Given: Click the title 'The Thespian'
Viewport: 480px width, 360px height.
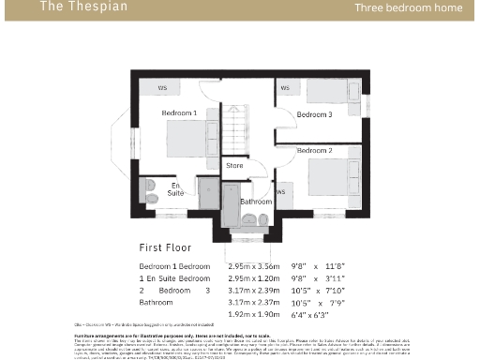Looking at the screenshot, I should [70, 7].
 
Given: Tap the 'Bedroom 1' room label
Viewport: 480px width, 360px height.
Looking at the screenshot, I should [179, 113].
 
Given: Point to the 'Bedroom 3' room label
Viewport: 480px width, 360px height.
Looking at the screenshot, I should [314, 114].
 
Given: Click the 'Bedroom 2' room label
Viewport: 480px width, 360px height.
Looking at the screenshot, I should [314, 150].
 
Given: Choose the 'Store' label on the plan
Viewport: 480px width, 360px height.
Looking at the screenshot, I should [234, 166].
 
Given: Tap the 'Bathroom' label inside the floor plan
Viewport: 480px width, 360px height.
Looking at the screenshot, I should [256, 202].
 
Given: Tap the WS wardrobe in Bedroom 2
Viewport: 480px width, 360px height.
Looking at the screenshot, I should [282, 192].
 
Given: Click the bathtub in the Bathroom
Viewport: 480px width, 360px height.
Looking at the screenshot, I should [229, 201].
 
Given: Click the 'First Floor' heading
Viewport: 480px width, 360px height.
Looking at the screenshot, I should [165, 248].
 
